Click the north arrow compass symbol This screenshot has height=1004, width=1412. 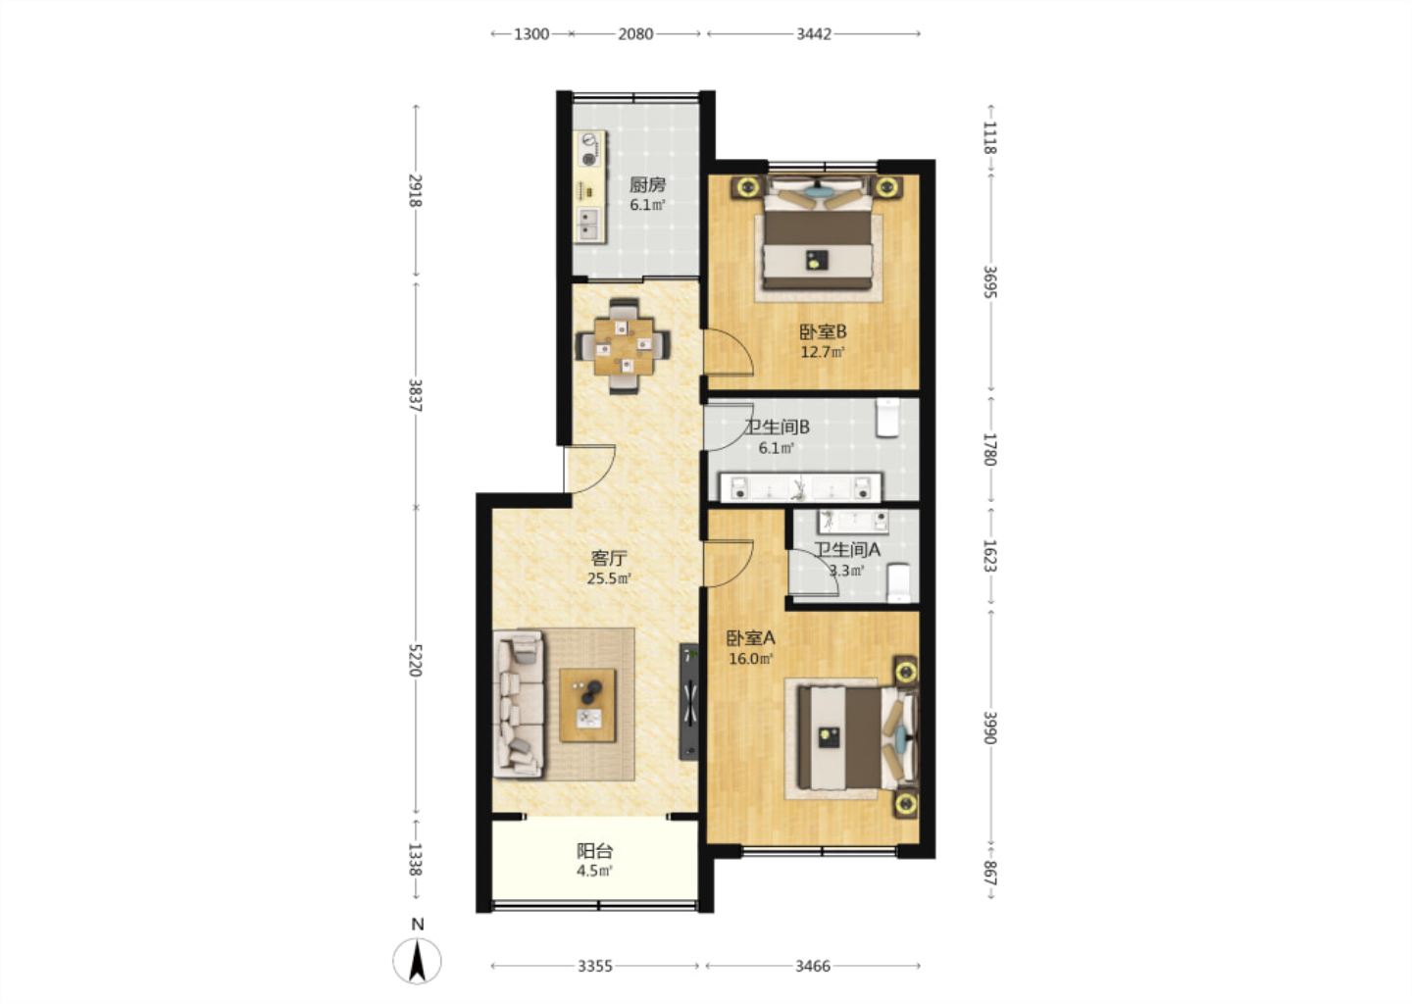(417, 960)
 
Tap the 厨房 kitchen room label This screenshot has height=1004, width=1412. (647, 184)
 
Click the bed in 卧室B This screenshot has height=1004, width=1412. (818, 238)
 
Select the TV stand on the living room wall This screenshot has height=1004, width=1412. (688, 701)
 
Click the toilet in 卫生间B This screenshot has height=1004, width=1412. (887, 418)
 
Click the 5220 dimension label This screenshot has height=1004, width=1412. (414, 660)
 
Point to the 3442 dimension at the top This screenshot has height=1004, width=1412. (814, 34)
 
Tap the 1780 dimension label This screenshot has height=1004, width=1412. (989, 449)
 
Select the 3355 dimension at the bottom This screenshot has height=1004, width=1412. (595, 966)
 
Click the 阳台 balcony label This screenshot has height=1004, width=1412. (594, 851)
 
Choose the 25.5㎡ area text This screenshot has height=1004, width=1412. (609, 578)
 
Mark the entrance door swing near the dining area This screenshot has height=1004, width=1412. (589, 469)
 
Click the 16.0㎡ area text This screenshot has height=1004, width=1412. (751, 659)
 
